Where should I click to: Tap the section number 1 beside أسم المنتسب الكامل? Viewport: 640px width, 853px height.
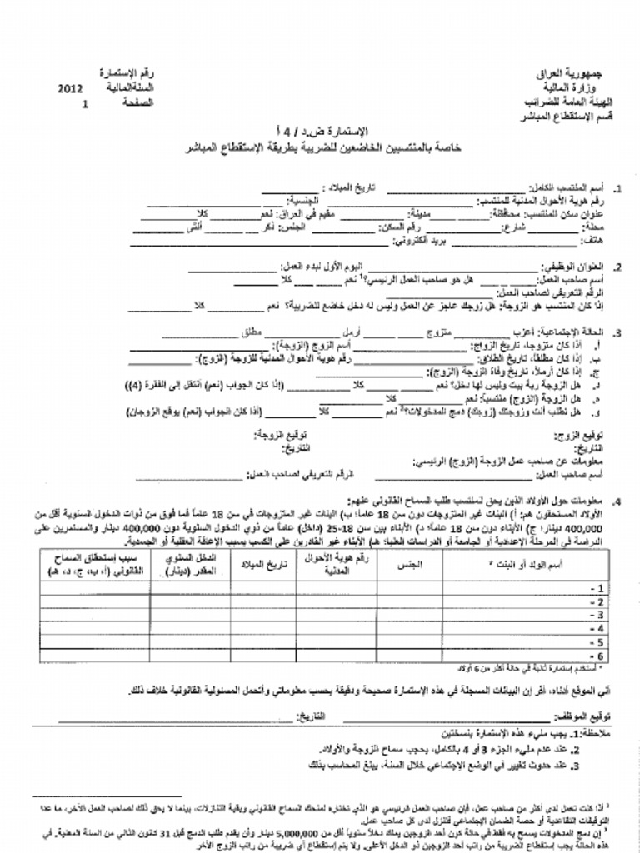(x=617, y=189)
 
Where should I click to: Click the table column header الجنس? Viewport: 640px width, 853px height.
(x=409, y=564)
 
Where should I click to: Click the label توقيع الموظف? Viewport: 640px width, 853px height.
(x=580, y=716)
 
